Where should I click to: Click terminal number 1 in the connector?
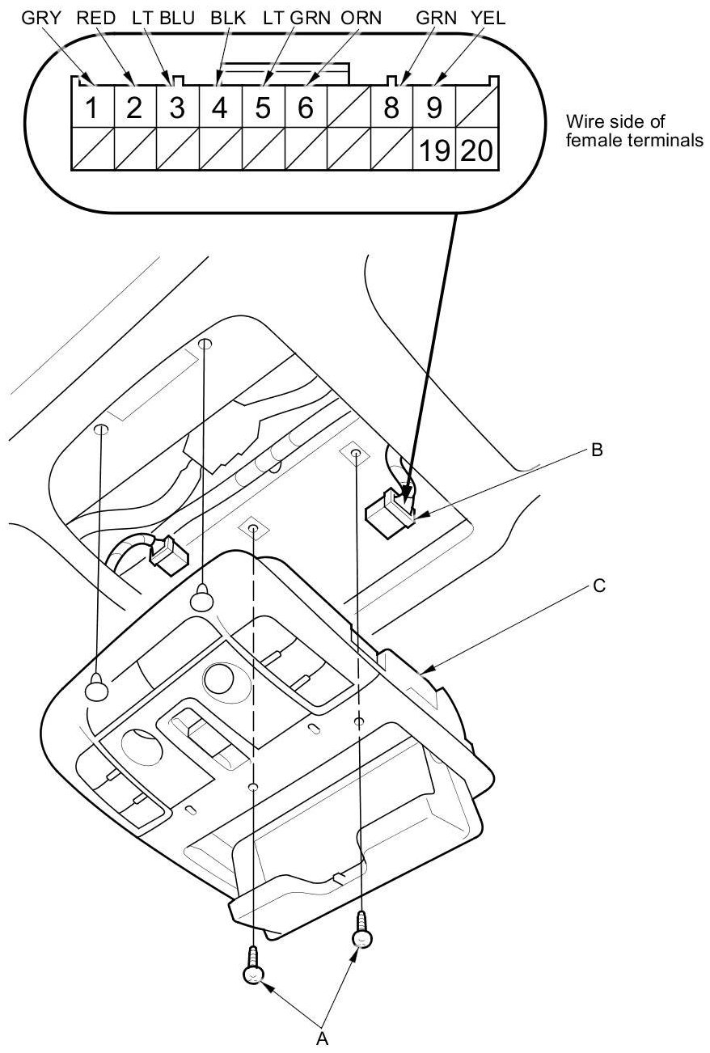[x=92, y=108]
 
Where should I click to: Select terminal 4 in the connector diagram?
[x=219, y=108]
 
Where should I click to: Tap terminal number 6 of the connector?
[x=305, y=108]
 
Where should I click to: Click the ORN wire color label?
[x=361, y=19]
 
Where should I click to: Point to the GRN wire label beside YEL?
[x=434, y=19]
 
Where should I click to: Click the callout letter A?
[x=321, y=1038]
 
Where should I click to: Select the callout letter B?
[x=597, y=451]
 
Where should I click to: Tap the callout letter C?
[x=598, y=586]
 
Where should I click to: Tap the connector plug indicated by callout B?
[x=389, y=512]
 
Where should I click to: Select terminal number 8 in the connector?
[x=391, y=108]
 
